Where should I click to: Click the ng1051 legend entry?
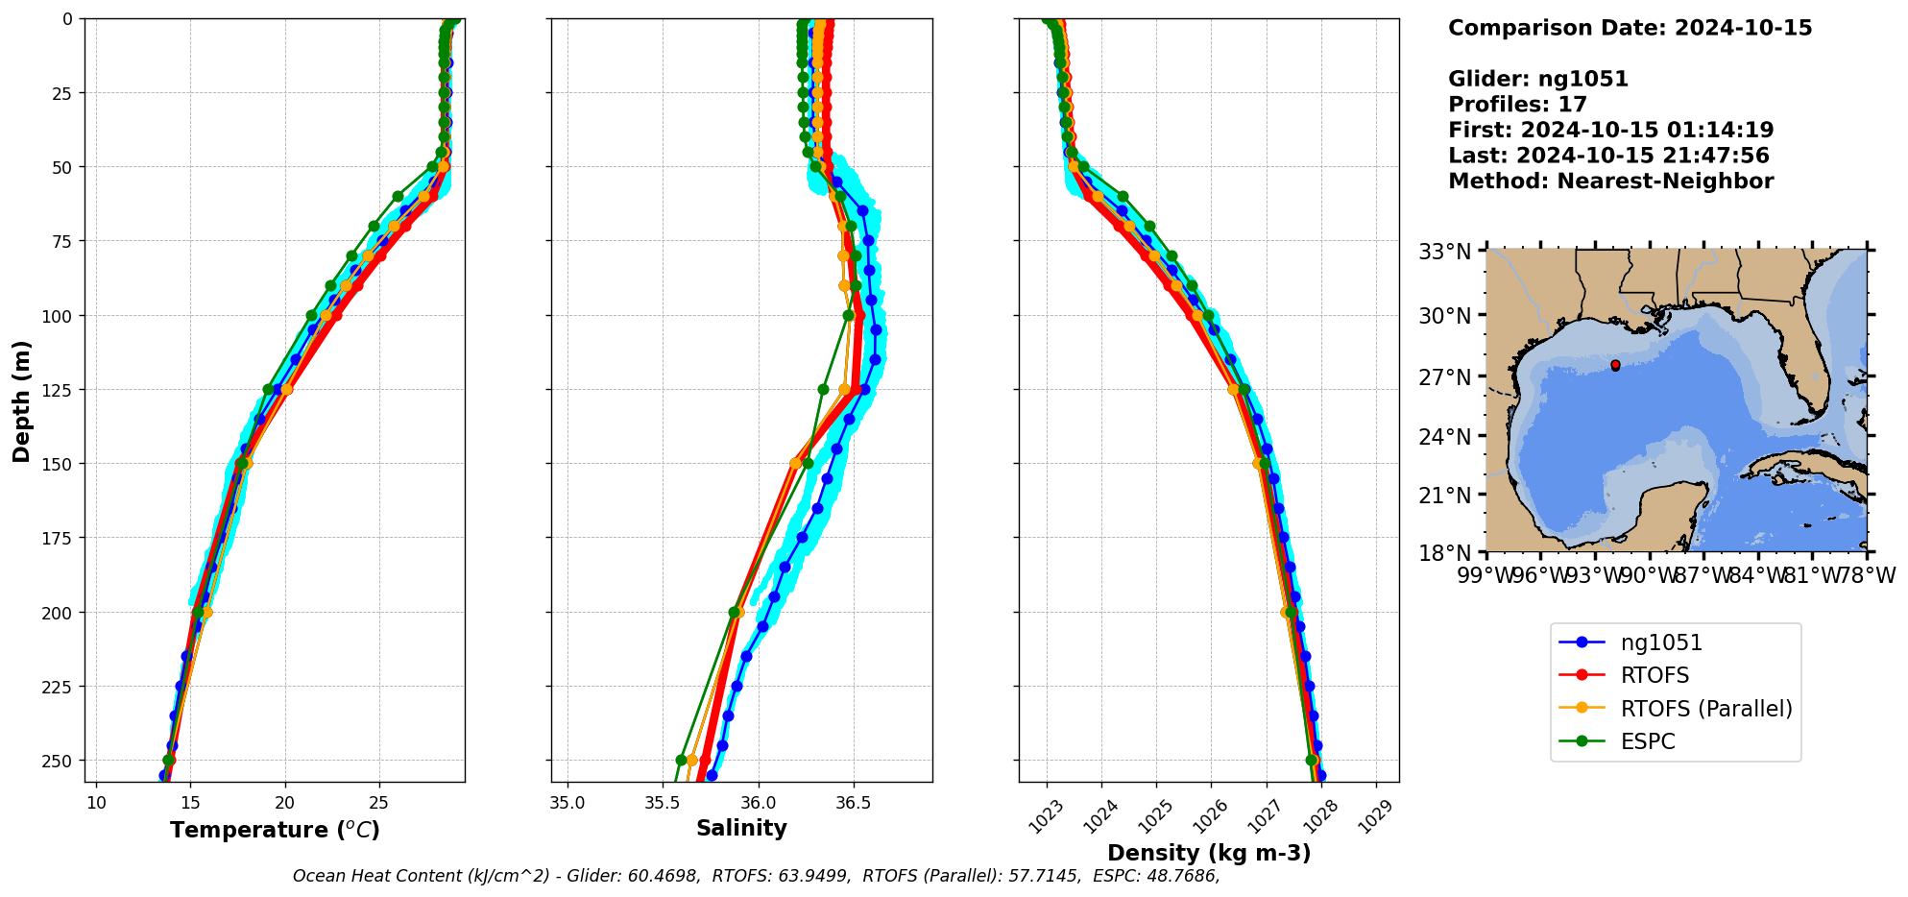tap(1661, 642)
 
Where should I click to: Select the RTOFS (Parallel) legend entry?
tap(1705, 709)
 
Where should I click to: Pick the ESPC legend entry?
tap(1648, 741)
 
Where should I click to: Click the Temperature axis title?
tap(275, 830)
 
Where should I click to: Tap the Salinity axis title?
tap(741, 828)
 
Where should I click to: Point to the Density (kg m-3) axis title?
tap(1209, 853)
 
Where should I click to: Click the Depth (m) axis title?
tap(21, 400)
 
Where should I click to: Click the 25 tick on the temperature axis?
tap(378, 802)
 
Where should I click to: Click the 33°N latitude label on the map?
tap(1445, 252)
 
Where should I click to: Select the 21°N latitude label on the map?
tap(1445, 496)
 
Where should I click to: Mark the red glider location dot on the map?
tap(1615, 365)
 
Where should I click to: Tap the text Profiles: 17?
tap(1517, 105)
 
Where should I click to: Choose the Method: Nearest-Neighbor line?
tap(1610, 182)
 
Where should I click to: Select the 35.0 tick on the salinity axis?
tap(568, 802)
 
